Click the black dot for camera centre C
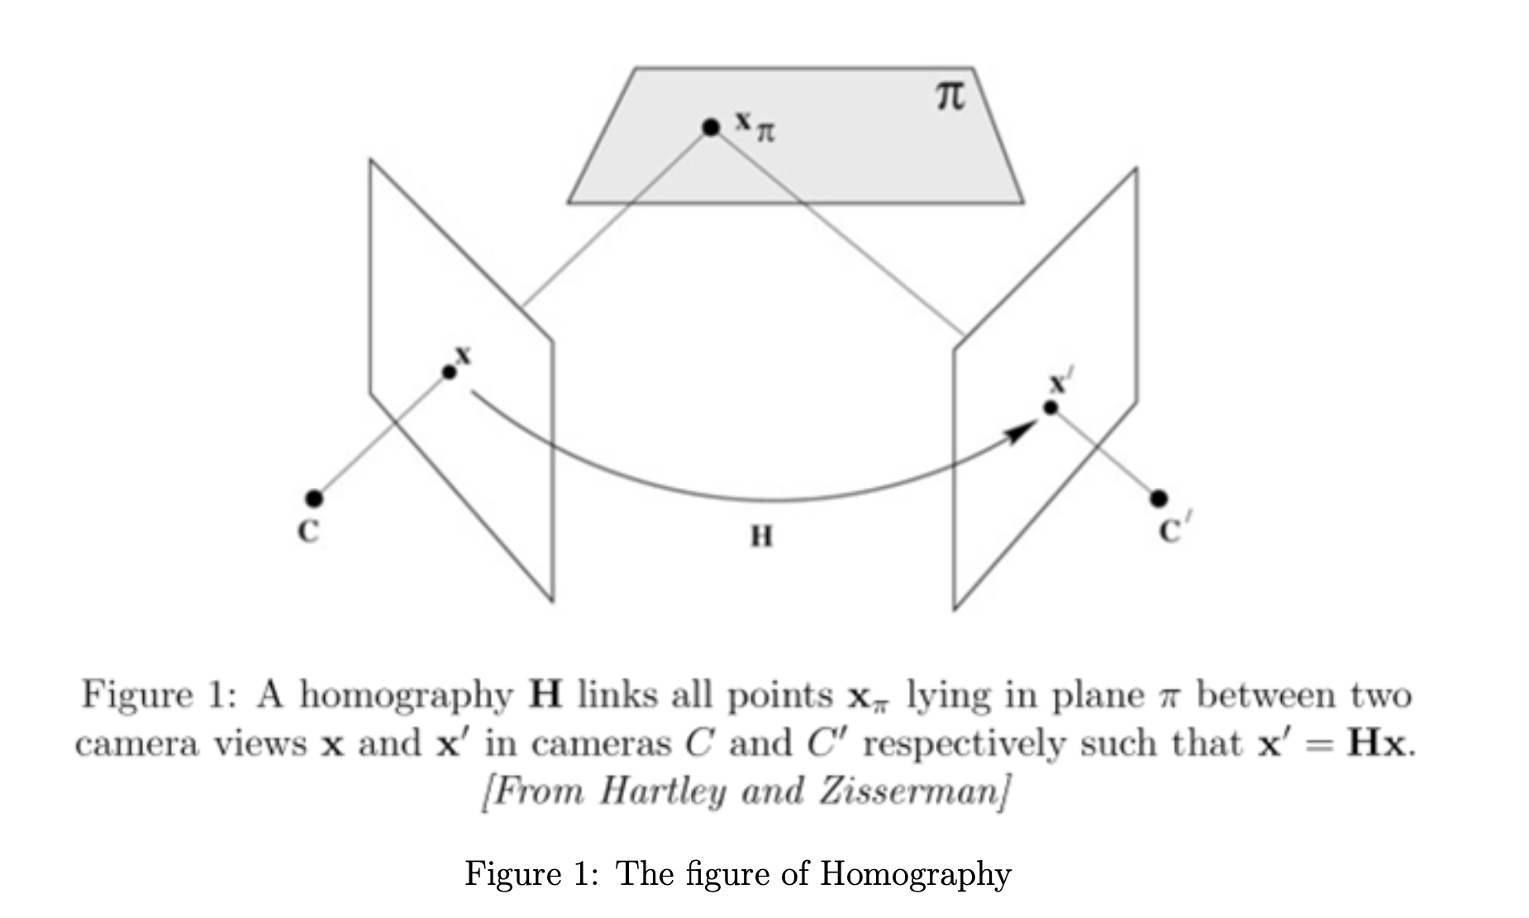314,498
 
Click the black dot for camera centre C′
1159,498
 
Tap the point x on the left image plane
450,372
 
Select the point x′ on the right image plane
1050,408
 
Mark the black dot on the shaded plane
711,127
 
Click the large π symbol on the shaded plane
950,97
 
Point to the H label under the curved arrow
761,537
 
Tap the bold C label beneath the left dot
308,531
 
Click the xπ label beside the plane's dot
755,127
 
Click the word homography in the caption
406,696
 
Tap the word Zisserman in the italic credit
913,791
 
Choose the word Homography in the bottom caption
915,874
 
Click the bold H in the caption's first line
545,694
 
